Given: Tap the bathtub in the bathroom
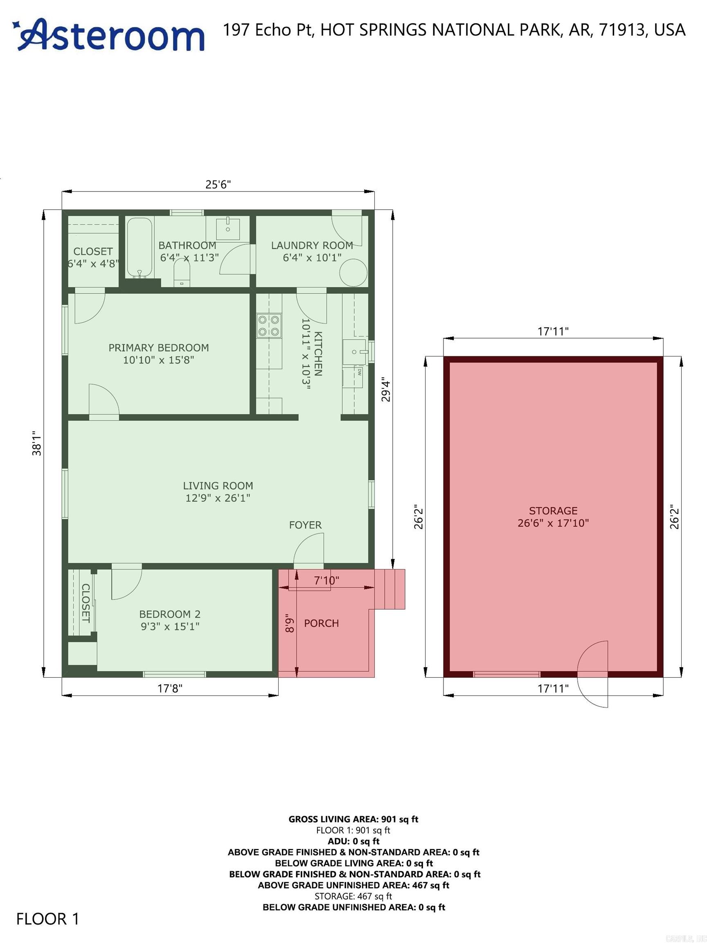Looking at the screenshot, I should (x=140, y=248).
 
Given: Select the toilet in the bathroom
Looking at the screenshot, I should (x=182, y=273).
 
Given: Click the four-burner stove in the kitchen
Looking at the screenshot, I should (x=269, y=325).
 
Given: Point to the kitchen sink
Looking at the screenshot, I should (x=354, y=352).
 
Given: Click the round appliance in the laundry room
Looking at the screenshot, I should (x=353, y=273).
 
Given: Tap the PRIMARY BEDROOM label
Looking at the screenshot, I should (x=158, y=347).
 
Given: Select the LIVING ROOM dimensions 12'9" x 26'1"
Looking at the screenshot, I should (x=217, y=498).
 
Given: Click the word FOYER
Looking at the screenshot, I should (x=305, y=525).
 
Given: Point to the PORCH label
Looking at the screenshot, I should (x=321, y=623).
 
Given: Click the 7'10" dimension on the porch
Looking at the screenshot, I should (x=326, y=580).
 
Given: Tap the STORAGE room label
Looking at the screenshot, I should (x=553, y=511).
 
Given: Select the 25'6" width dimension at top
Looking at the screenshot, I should (x=218, y=184).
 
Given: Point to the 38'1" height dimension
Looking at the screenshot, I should (x=37, y=443).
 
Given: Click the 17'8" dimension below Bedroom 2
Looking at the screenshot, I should (x=170, y=688).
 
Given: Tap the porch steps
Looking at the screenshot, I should (x=394, y=589).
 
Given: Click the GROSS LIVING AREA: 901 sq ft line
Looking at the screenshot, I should (x=353, y=819).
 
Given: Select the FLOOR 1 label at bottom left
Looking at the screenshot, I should (x=48, y=919).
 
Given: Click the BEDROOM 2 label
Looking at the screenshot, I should (x=170, y=614).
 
